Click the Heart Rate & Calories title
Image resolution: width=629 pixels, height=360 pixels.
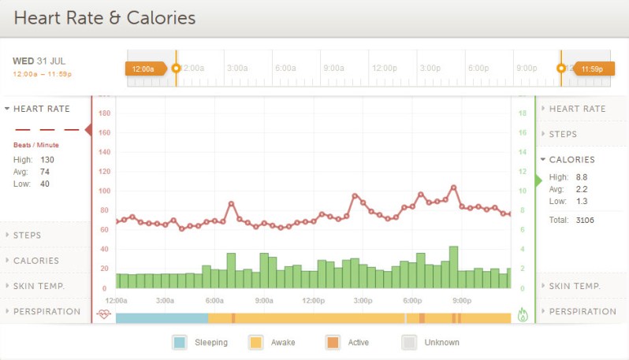[105, 17]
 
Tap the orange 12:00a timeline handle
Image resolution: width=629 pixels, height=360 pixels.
[145, 69]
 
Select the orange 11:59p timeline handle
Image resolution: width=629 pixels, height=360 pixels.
[591, 69]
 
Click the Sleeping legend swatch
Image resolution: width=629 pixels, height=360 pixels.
[180, 342]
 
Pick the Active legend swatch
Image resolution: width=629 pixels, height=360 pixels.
[332, 342]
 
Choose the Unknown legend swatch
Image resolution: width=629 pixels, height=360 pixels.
[409, 342]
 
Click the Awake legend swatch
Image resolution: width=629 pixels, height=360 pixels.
[255, 342]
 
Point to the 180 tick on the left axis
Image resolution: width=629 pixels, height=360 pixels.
[104, 113]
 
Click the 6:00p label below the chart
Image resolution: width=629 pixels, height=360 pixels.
[412, 300]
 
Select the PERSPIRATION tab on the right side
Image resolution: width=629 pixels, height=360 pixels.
[582, 311]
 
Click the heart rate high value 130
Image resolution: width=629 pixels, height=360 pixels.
[47, 159]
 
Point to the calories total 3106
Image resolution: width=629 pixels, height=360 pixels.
[585, 220]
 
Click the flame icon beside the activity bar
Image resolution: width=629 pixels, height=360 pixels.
[523, 314]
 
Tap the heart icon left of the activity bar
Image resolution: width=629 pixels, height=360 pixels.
[104, 314]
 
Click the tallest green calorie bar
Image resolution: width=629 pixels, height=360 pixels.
[453, 268]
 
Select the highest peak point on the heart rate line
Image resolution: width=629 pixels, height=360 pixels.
[453, 187]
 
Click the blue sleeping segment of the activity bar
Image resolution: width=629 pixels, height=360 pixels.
[162, 317]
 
